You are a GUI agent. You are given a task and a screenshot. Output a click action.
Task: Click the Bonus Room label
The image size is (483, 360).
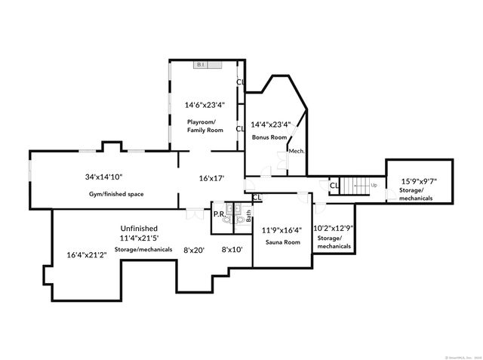[269, 137]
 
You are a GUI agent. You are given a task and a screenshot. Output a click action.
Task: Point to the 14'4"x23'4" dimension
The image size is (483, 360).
[270, 124]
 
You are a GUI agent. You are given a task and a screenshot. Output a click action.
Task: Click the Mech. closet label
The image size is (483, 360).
[297, 151]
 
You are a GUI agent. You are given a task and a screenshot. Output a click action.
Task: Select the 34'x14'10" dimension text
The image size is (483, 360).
[103, 177]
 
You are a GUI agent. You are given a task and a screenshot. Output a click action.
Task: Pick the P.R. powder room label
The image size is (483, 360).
[218, 214]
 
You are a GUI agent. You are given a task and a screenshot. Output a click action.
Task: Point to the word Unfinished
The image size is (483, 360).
[139, 228]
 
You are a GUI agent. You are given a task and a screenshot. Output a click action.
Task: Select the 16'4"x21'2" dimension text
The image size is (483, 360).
[87, 254]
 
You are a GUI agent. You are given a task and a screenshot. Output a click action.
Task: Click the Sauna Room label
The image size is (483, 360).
[282, 242]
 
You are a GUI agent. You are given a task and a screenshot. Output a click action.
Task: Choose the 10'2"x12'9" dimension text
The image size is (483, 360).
[334, 226]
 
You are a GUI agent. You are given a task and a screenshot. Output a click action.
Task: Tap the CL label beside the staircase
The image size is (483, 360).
[334, 185]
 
